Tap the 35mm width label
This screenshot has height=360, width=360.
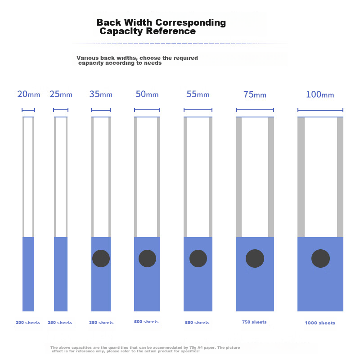tap(101, 94)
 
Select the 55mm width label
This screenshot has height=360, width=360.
tap(198, 94)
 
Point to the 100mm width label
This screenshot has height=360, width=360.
tap(320, 94)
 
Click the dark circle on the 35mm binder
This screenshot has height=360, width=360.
tap(101, 258)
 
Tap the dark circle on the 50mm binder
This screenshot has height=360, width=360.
tap(147, 258)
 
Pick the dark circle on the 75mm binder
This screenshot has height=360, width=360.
tap(255, 258)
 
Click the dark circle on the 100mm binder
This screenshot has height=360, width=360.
tap(320, 259)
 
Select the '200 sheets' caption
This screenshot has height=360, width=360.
tap(28, 323)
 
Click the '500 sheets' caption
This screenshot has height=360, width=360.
tap(146, 322)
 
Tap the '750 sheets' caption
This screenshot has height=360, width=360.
tap(254, 322)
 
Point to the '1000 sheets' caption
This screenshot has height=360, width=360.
tap(320, 323)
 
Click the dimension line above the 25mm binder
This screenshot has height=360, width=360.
tap(61, 110)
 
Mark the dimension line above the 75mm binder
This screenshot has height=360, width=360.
tap(255, 110)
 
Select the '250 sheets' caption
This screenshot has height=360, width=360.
tap(60, 323)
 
